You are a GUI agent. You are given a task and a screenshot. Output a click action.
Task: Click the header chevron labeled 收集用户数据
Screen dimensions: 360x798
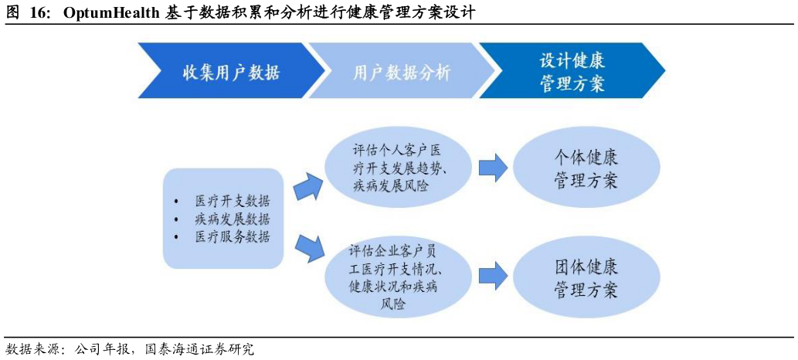coord(230,72)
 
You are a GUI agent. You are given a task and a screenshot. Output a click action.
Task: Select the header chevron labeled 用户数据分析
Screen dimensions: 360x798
coord(401,72)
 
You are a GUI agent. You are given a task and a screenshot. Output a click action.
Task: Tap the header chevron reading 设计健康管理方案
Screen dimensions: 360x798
coord(572,72)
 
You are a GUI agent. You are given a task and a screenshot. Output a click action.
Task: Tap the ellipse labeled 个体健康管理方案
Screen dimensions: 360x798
coord(586,168)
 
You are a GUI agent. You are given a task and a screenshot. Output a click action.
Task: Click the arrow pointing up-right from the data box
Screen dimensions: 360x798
coord(307,186)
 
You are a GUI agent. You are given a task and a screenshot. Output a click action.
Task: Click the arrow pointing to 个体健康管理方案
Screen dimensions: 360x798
coord(492,168)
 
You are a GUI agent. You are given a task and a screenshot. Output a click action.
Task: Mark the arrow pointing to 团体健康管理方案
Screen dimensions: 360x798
coord(492,277)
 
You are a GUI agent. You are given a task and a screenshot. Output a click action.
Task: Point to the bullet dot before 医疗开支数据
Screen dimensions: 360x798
coord(178,201)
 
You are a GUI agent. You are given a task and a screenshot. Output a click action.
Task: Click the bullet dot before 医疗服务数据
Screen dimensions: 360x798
coord(178,237)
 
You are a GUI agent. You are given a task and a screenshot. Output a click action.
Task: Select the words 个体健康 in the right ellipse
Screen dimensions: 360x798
coord(586,158)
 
